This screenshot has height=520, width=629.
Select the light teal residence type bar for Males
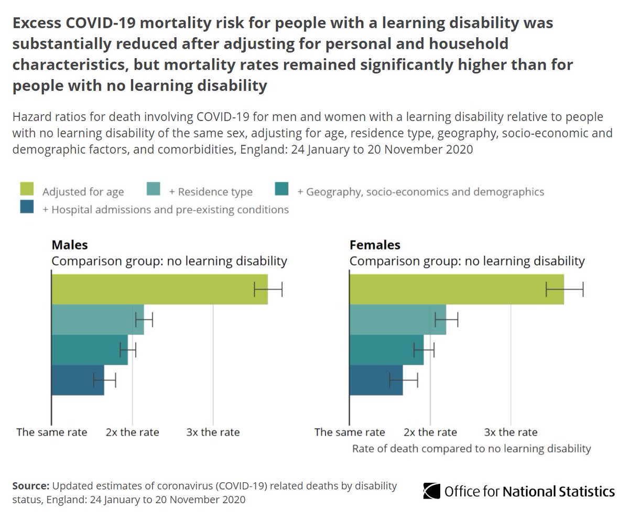97,319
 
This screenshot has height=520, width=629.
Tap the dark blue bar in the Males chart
78,380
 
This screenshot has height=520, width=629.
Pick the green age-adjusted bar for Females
456,289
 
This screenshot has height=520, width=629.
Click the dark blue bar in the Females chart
376,380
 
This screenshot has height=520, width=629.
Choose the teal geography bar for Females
386,350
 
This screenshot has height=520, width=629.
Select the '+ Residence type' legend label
211,192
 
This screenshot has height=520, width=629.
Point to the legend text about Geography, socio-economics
420,192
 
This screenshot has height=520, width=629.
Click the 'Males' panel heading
69,245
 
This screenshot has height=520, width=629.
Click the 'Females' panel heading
375,245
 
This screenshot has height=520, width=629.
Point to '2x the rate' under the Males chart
132,432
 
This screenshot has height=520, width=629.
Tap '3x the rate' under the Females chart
511,432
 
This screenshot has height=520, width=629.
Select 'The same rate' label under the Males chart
51,432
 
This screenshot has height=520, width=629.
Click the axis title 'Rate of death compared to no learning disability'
471,449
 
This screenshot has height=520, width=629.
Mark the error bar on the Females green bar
565,289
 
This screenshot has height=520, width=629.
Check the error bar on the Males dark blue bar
104,380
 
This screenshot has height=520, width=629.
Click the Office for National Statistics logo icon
431,491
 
